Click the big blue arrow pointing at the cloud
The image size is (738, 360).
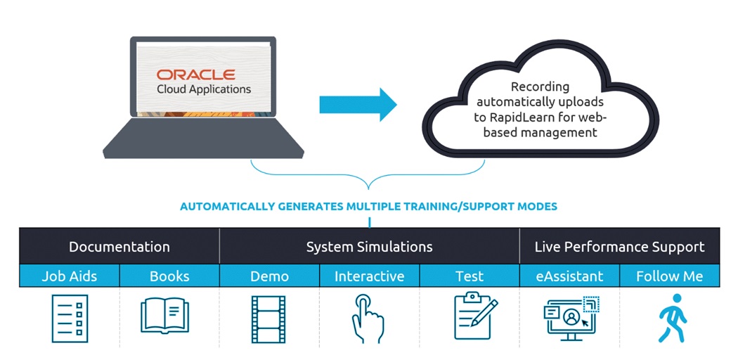[358, 105]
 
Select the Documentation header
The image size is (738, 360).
[119, 247]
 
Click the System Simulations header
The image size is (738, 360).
[369, 247]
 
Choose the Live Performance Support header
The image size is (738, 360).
[619, 247]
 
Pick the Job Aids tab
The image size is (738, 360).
[69, 276]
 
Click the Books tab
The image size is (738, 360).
[169, 276]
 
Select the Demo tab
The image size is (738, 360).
[269, 276]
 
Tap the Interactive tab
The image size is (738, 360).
[369, 276]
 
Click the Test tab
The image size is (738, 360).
[470, 276]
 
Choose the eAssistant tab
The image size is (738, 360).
[569, 276]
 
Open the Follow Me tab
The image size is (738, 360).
[669, 276]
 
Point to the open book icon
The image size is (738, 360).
[169, 316]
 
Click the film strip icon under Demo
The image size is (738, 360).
[268, 318]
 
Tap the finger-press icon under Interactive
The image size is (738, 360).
[368, 318]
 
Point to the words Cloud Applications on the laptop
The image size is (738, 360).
[204, 89]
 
